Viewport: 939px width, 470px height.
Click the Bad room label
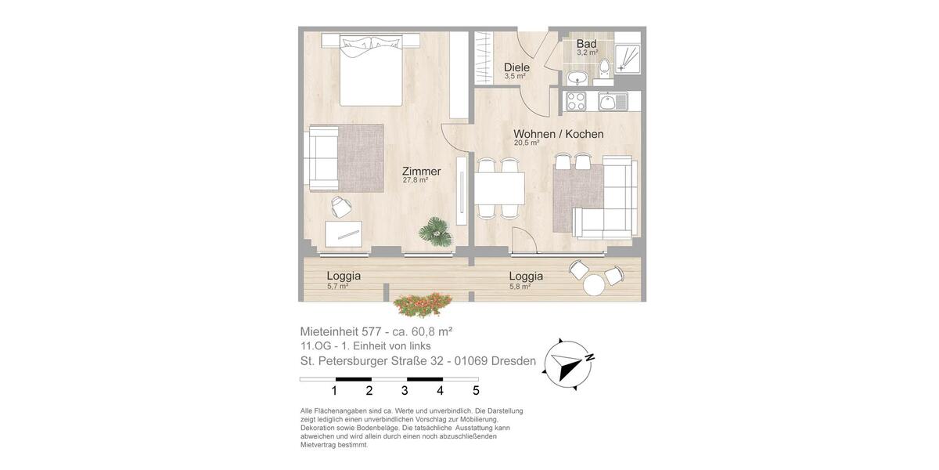pos(586,44)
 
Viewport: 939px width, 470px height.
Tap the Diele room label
pos(516,67)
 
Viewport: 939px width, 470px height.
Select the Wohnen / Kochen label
pos(559,134)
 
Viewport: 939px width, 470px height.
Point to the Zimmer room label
pos(421,172)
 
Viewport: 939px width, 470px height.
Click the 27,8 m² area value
pos(415,180)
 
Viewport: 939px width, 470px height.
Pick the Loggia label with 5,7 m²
pos(344,276)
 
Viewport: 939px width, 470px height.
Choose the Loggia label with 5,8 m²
pos(526,276)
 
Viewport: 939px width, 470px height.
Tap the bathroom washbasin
pos(577,78)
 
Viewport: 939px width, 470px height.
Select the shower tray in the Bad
pos(628,59)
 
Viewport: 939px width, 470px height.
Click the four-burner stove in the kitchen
pos(576,101)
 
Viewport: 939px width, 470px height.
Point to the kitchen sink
pos(612,101)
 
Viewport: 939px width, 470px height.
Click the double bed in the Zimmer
pos(371,70)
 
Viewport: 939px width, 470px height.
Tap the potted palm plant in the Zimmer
pos(436,231)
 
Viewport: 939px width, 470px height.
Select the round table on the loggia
pos(594,285)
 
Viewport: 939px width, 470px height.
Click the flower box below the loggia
pos(423,304)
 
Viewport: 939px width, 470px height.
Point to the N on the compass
pos(590,357)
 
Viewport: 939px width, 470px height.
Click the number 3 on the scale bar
pos(405,391)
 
